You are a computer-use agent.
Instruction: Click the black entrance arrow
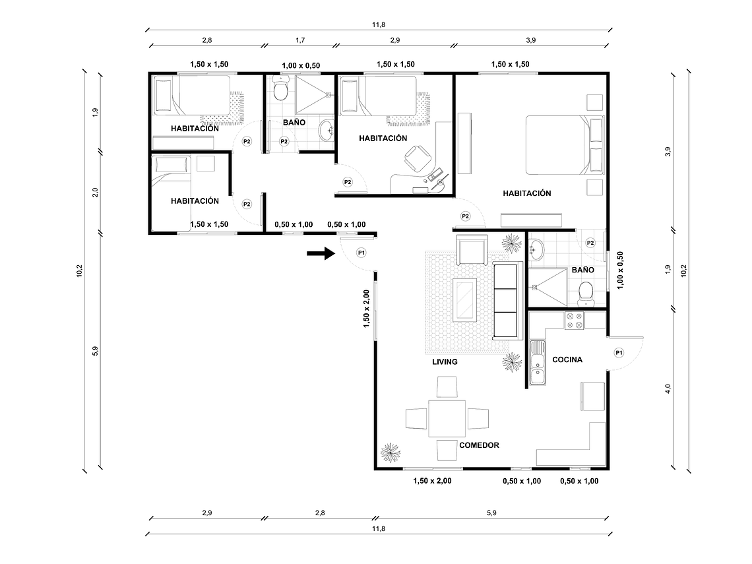point(321,253)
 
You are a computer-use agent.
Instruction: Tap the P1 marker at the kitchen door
point(619,353)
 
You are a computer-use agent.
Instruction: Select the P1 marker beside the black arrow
point(361,252)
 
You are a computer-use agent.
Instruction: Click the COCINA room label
point(567,360)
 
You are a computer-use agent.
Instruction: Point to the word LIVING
point(445,362)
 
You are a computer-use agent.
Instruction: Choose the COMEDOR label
point(479,445)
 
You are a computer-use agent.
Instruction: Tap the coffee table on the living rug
point(466,300)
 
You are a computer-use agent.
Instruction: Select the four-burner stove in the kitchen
point(573,321)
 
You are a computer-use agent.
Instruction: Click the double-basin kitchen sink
point(538,363)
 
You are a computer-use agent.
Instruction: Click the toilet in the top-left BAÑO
point(281,89)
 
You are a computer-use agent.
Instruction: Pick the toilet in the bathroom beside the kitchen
point(585,293)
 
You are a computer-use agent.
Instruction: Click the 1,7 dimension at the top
point(300,40)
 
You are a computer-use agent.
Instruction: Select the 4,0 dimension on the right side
point(668,389)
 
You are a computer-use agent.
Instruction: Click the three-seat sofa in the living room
point(507,300)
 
